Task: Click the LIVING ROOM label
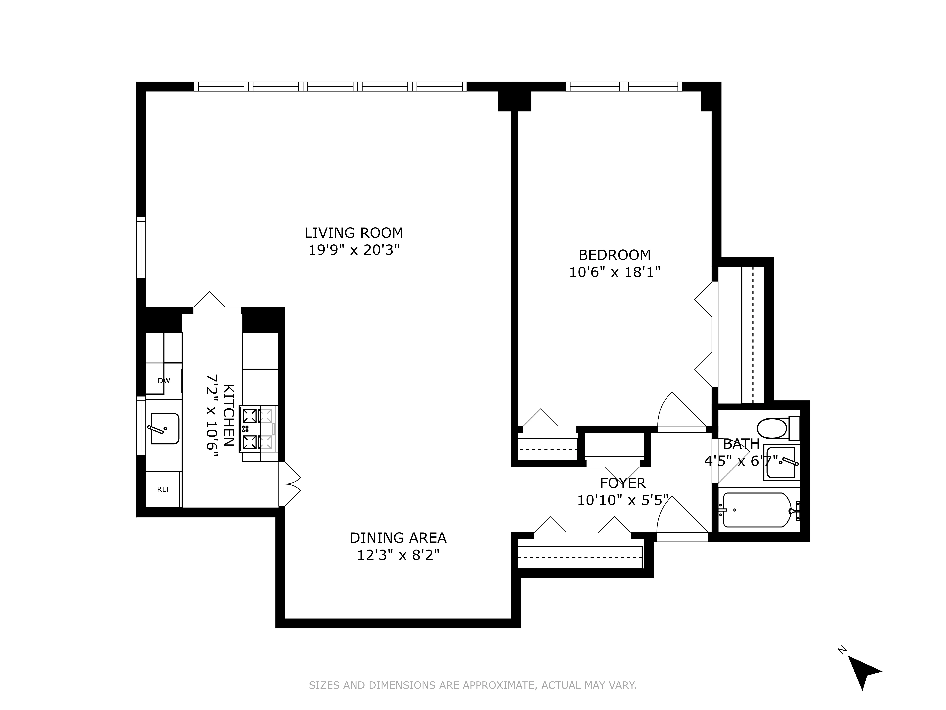354,233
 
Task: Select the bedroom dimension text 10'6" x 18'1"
615,272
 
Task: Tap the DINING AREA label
398,538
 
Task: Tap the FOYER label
623,483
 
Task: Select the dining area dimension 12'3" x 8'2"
398,555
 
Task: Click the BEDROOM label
615,255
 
